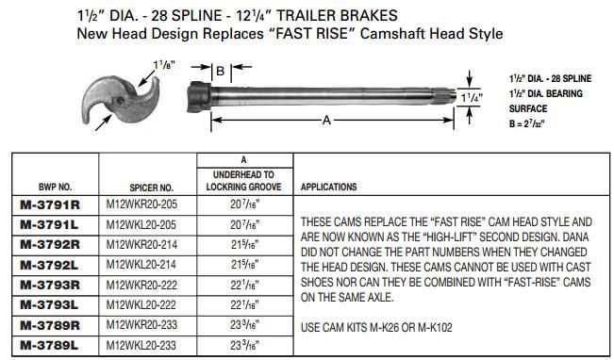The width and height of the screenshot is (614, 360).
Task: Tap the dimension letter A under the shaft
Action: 325,121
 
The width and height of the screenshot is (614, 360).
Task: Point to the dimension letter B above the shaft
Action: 218,71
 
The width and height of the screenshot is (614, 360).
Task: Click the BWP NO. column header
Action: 46,188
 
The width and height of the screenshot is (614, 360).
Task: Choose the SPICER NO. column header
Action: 151,188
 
